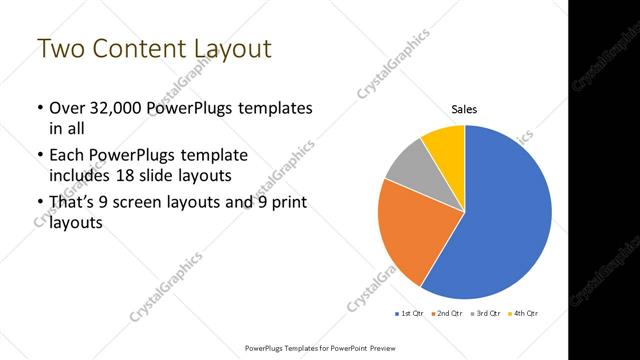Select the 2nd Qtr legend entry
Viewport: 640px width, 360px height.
pos(447,314)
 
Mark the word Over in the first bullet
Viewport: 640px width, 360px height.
pos(67,107)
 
